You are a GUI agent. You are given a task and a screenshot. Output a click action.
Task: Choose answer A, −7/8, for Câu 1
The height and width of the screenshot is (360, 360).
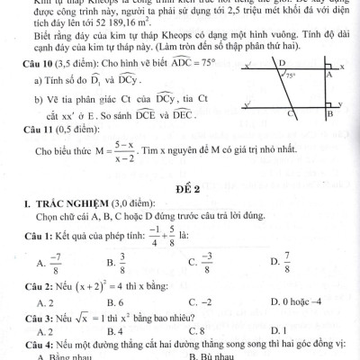pyautogui.click(x=49, y=265)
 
